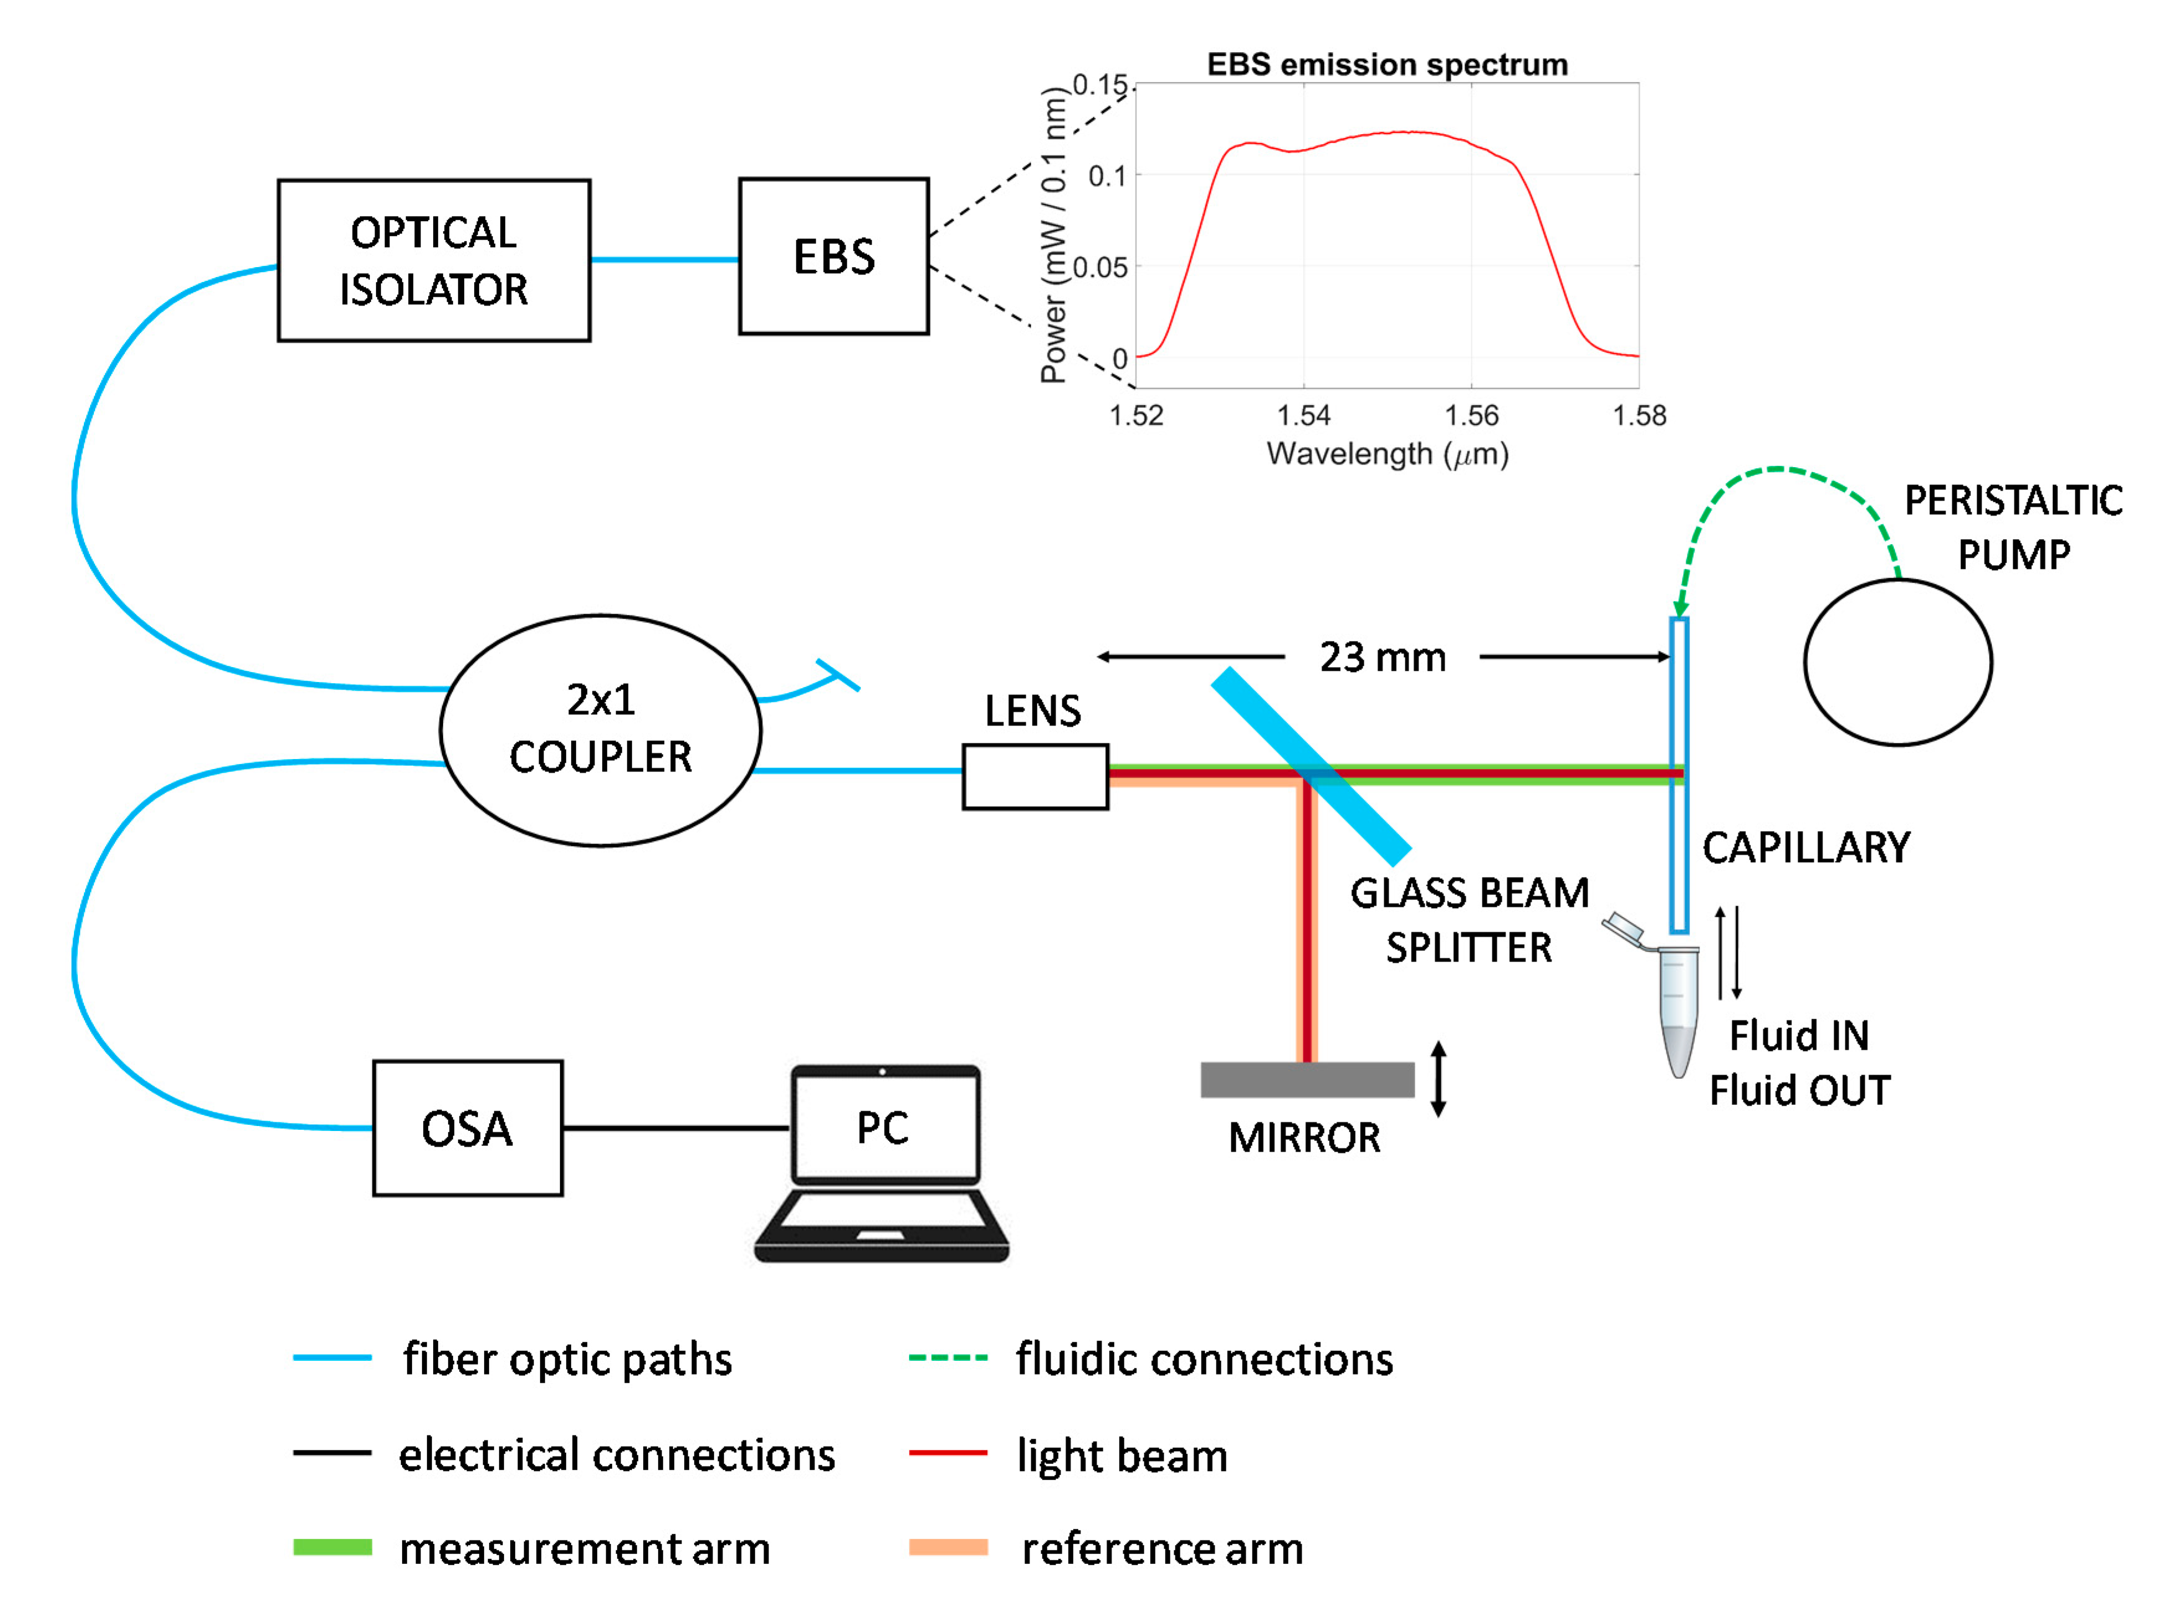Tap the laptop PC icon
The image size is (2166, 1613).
[x=881, y=1162]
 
